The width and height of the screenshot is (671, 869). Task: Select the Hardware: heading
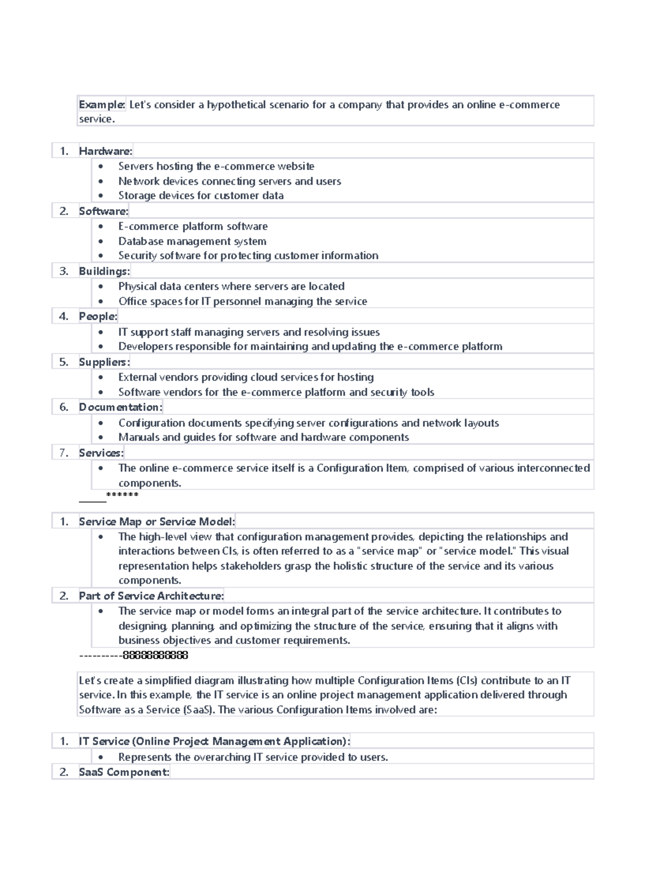pyautogui.click(x=106, y=151)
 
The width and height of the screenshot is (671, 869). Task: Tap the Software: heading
pyautogui.click(x=103, y=211)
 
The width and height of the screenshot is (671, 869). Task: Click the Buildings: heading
pyautogui.click(x=104, y=271)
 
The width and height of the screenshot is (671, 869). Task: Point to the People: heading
pyautogui.click(x=98, y=316)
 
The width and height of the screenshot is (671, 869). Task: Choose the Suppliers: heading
pyautogui.click(x=104, y=362)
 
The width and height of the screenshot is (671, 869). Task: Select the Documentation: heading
pyautogui.click(x=120, y=407)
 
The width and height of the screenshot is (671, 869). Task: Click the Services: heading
pyautogui.click(x=101, y=453)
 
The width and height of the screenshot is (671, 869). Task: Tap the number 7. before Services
pyautogui.click(x=64, y=453)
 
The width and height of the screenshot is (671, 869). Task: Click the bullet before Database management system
pyautogui.click(x=101, y=242)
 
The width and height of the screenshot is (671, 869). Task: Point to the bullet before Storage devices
pyautogui.click(x=101, y=196)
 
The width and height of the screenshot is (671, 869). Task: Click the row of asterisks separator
pyautogui.click(x=122, y=495)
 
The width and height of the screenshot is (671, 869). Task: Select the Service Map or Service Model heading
pyautogui.click(x=157, y=522)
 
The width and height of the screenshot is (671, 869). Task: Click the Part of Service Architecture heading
pyautogui.click(x=151, y=596)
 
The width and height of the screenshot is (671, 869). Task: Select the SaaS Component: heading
pyautogui.click(x=124, y=772)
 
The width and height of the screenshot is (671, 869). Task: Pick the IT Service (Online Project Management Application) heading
pyautogui.click(x=214, y=741)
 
